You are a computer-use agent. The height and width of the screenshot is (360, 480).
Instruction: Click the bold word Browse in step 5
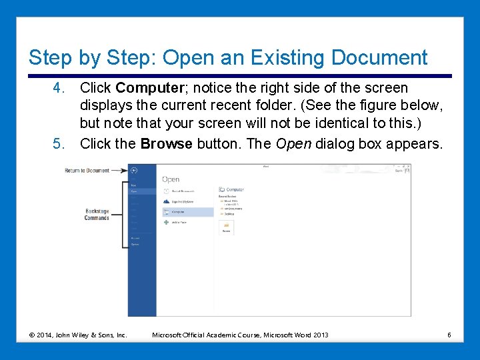tap(166, 143)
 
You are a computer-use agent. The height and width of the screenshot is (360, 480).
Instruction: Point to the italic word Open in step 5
tap(293, 143)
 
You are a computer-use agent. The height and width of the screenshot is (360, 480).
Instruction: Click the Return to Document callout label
tap(87, 171)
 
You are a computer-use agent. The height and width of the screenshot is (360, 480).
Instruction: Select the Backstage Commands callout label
tap(97, 215)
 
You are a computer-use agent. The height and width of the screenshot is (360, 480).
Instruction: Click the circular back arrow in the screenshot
tap(134, 170)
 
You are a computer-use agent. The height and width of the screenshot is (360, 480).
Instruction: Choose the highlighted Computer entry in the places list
tap(187, 212)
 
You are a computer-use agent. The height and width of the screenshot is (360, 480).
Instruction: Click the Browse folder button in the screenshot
tap(226, 227)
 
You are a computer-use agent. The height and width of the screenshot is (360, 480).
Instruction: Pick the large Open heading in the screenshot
tap(171, 179)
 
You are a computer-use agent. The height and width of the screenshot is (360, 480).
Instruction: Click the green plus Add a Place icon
tap(167, 222)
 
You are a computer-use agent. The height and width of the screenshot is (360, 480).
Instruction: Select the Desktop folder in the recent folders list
tap(230, 214)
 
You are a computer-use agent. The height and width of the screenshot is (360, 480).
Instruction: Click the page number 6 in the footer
tap(449, 335)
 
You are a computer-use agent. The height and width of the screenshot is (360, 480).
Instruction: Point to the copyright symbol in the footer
tap(32, 335)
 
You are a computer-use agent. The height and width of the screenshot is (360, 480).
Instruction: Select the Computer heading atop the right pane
tap(235, 190)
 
